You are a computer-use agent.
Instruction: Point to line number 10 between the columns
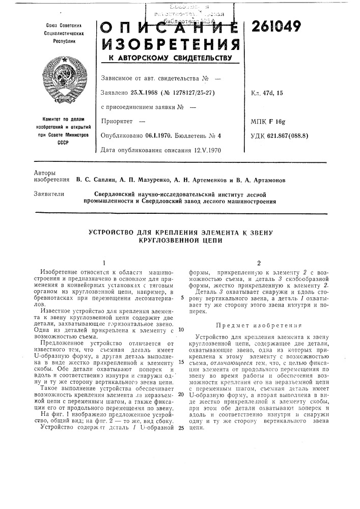coord(181,329)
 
